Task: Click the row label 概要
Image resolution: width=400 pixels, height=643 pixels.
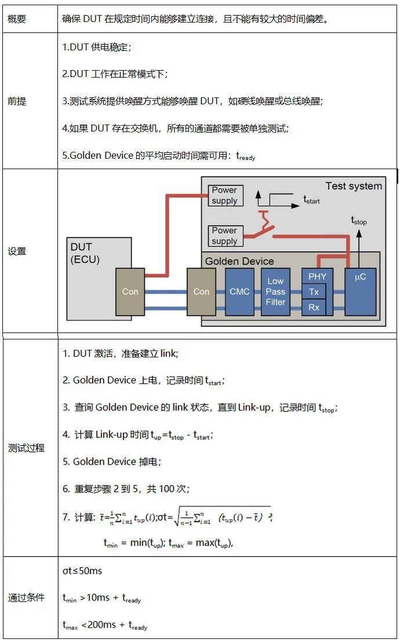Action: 17,19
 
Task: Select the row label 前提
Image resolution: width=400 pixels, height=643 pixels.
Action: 17,101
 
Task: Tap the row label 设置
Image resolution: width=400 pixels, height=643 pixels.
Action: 17,251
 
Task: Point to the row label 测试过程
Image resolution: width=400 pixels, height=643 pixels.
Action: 26,448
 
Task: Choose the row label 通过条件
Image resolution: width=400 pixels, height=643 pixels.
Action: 26,598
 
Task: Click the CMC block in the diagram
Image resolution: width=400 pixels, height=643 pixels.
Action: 239,292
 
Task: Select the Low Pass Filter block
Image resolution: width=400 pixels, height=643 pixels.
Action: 275,292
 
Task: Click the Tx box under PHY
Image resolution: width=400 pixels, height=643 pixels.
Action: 314,292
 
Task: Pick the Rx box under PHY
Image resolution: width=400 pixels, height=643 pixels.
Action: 314,308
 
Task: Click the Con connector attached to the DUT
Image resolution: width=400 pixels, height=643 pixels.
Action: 130,292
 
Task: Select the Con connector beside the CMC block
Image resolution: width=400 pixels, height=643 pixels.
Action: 201,292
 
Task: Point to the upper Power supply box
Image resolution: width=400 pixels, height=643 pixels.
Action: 224,195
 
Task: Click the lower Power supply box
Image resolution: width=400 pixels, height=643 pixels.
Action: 224,236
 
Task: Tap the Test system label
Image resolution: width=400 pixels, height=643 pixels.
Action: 353,186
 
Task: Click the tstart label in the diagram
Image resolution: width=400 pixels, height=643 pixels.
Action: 311,200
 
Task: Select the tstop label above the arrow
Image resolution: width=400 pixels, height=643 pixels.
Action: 359,220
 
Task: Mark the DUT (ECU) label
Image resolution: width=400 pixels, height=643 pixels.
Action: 85,254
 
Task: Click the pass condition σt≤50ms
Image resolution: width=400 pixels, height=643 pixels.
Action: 82,571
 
